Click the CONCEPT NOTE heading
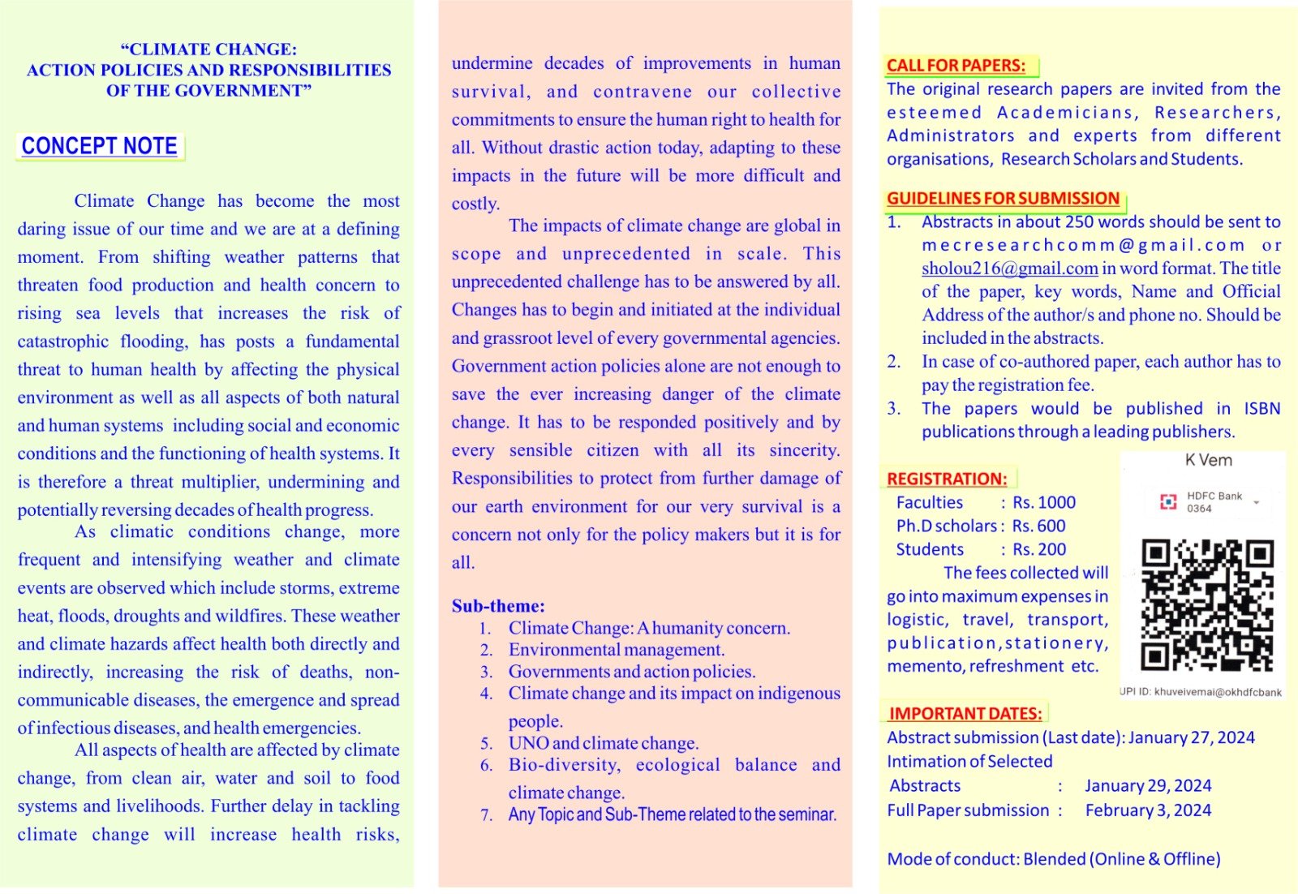pos(100,146)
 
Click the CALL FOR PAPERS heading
pos(956,66)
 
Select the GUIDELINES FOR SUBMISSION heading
pos(1003,199)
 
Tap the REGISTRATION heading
pos(947,479)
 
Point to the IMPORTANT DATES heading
pos(965,714)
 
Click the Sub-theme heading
pos(498,606)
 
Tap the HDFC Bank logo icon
pos(1168,502)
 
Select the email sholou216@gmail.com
pos(1009,269)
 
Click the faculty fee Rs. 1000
pos(1044,503)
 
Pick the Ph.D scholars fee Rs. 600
pos(1039,527)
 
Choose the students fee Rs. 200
pos(1039,550)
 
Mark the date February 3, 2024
pos(1148,810)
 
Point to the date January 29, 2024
pos(1148,786)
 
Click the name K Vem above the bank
pos(1208,461)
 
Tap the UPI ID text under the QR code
pos(1201,693)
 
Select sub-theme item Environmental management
pos(617,650)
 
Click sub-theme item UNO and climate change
pos(604,743)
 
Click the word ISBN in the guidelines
pos(1261,409)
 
